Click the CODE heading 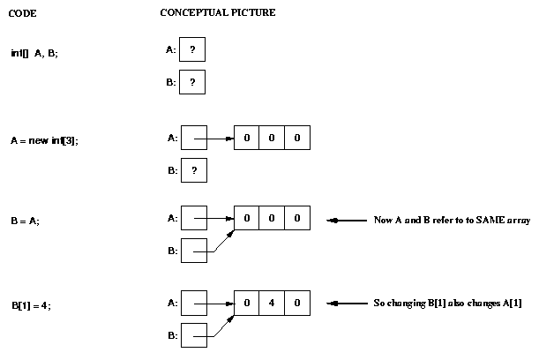coord(23,14)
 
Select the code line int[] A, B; coord(34,53)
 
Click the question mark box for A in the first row coord(192,50)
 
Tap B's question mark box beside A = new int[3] coord(192,170)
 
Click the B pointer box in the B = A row coord(192,251)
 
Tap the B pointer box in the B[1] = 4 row coord(192,335)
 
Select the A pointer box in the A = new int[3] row coord(192,139)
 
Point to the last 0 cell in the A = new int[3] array coord(297,139)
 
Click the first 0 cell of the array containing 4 coord(247,304)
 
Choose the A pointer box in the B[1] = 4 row coord(192,303)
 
